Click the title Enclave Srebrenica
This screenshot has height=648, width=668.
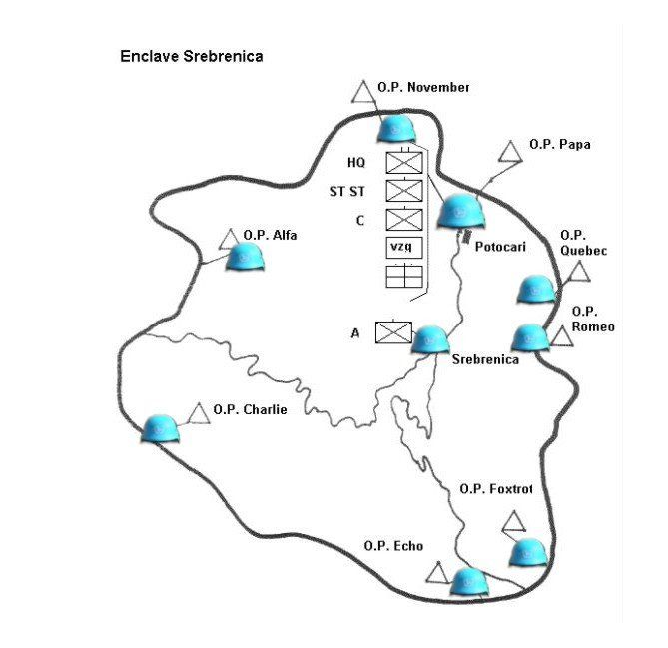(x=192, y=56)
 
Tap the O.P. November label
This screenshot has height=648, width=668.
(x=423, y=87)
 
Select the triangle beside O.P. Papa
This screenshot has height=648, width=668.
(x=511, y=152)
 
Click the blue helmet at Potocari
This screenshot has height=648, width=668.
(x=461, y=211)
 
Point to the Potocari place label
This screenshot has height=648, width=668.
(x=500, y=247)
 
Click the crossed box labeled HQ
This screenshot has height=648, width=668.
(x=404, y=163)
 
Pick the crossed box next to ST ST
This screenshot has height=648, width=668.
(x=404, y=191)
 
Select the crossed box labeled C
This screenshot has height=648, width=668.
(x=404, y=220)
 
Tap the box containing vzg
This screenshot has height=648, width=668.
(x=404, y=247)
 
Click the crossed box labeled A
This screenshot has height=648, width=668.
(x=393, y=332)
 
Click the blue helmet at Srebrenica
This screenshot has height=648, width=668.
(x=430, y=340)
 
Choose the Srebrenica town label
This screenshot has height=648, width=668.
(x=485, y=359)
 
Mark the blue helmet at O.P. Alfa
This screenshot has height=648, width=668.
(x=245, y=257)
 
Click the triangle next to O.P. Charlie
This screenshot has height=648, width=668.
(x=199, y=413)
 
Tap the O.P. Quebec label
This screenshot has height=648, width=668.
(x=583, y=243)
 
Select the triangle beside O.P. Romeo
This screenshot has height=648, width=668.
(x=562, y=337)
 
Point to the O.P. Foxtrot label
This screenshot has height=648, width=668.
(x=496, y=488)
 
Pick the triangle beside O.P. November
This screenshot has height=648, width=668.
(x=363, y=92)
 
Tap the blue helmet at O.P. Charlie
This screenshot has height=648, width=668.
(x=160, y=428)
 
